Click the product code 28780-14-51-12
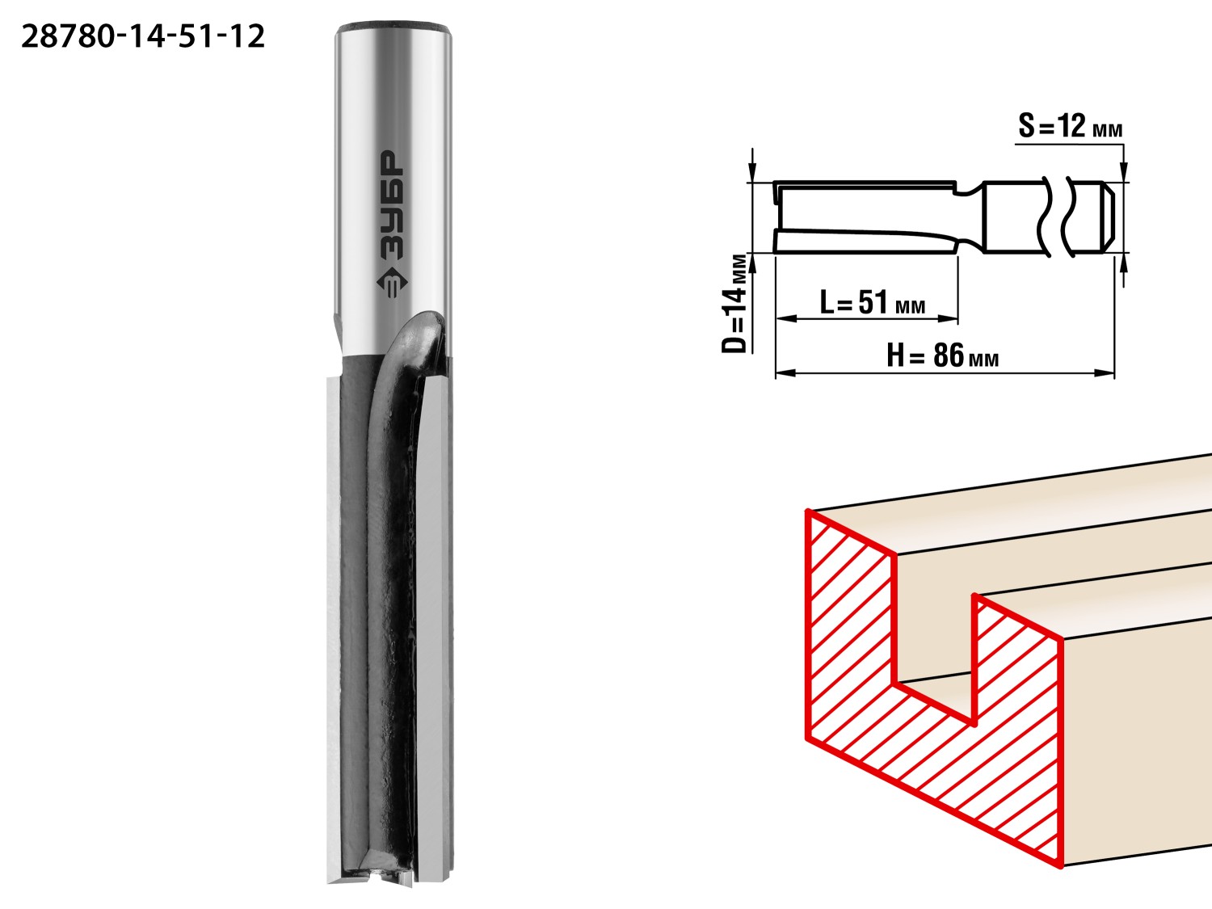[143, 37]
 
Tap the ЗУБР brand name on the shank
[392, 204]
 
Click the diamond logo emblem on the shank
[392, 283]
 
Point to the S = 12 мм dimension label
[1070, 126]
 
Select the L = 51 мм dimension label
[872, 302]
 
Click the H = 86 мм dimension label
[943, 355]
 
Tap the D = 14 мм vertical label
[734, 303]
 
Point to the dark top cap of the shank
[393, 27]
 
